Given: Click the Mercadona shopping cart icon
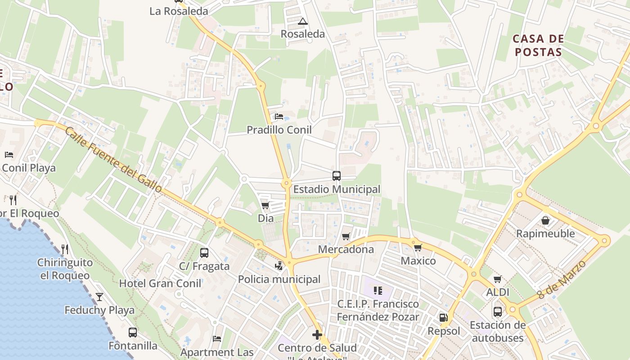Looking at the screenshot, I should coord(346,237).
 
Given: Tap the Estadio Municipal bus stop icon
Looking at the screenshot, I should coord(336,176).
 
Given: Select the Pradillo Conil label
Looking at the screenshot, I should coord(279,130).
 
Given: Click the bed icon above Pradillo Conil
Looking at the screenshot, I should coord(279,117).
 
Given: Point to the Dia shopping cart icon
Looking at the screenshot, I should coord(265,206).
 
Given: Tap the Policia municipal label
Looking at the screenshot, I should coord(279,279).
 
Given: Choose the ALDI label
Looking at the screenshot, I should coord(498,292).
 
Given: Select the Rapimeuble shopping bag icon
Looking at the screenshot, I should coord(545,220).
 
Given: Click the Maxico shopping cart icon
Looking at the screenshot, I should coord(418,247).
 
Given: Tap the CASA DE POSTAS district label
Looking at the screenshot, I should coord(538,45).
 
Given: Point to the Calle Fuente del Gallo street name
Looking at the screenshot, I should coord(113,160).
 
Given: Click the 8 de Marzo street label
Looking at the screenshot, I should coord(562,279).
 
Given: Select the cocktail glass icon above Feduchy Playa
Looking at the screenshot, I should coord(99,297).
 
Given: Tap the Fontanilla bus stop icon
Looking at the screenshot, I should coord(133,333).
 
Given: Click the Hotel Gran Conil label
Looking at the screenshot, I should coord(160,283).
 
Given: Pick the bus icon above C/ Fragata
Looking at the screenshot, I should coord(204,253).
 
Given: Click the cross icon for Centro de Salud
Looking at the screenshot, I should coord(317,335).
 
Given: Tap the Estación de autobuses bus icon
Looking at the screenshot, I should coord(498,312).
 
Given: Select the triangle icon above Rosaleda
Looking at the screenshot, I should coord(303,21).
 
